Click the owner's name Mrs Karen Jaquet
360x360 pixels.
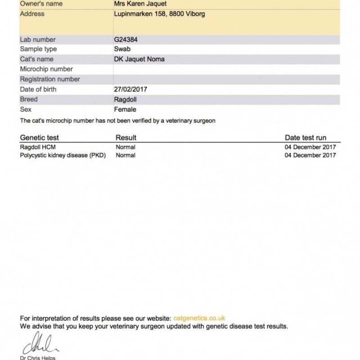pos(140,4)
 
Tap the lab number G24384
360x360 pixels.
pos(126,40)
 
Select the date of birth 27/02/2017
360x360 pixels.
pos(131,90)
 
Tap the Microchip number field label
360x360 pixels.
pos(47,69)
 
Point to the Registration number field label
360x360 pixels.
pos(50,79)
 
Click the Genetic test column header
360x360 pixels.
pos(40,138)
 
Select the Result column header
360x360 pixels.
pos(126,138)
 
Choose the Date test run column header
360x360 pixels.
pos(306,138)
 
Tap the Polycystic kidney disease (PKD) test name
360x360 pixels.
pos(63,156)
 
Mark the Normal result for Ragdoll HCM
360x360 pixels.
pos(126,147)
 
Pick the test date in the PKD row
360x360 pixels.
pos(310,156)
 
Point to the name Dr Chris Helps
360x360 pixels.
pos(38,358)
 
